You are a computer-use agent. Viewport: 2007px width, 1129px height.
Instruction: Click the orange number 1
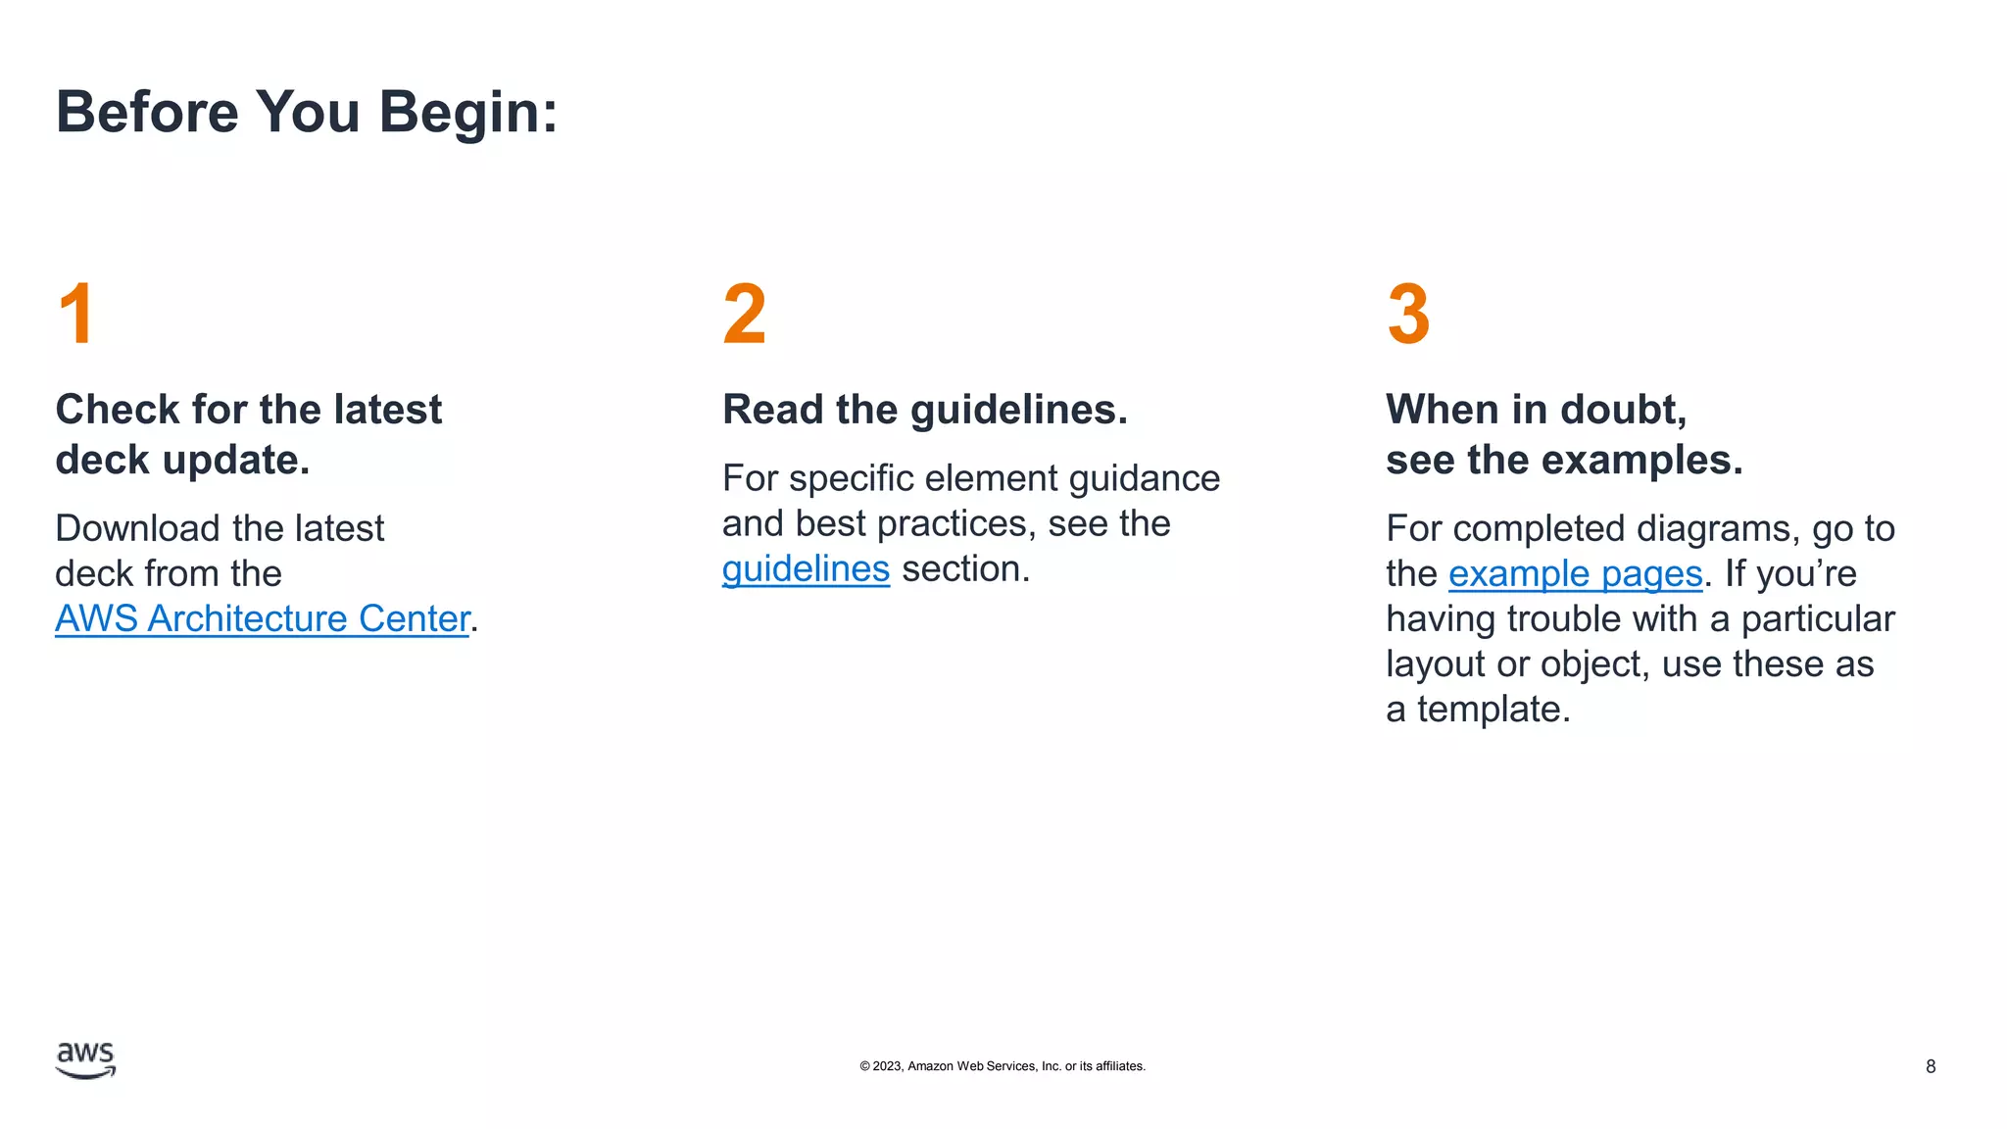point(76,314)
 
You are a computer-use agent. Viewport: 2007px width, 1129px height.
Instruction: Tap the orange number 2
point(744,314)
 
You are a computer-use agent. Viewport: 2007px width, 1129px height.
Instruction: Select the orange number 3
point(1408,314)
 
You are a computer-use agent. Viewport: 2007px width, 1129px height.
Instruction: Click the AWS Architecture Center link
point(262,618)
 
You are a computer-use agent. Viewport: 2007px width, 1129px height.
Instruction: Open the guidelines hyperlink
point(806,568)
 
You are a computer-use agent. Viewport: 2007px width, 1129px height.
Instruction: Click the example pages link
point(1575,573)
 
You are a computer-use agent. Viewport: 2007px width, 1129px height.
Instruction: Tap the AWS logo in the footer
point(85,1059)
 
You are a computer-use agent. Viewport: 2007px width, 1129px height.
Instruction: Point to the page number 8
point(1930,1066)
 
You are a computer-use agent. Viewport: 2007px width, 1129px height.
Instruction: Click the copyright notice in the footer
point(1002,1066)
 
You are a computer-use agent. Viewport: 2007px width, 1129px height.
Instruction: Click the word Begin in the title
point(467,112)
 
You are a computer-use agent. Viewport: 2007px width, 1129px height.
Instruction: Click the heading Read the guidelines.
point(924,410)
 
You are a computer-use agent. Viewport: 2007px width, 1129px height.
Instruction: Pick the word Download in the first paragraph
point(137,528)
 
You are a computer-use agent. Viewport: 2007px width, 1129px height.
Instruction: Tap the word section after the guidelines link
point(965,568)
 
